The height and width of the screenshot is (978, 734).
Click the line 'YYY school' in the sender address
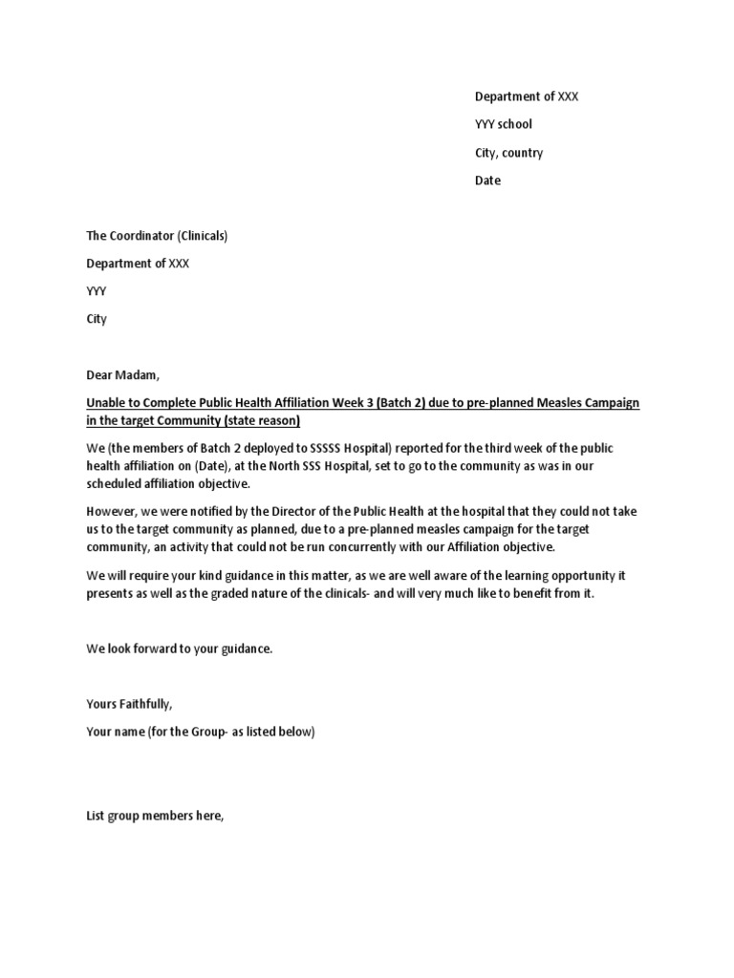click(504, 124)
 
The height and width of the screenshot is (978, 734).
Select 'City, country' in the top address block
click(508, 153)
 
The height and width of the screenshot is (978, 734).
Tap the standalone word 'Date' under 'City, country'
click(487, 181)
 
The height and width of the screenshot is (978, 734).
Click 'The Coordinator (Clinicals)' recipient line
click(157, 236)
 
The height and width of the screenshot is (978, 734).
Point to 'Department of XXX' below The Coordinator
click(138, 264)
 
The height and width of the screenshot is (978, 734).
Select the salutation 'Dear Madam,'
click(120, 375)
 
